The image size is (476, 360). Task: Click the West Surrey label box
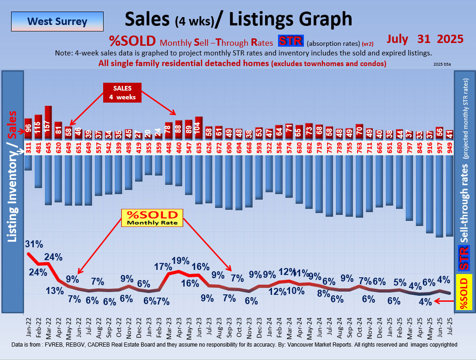[x=57, y=21]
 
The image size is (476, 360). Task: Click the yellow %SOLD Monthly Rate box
[x=152, y=218]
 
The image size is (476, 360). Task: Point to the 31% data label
[x=34, y=244]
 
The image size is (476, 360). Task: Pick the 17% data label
[x=163, y=267]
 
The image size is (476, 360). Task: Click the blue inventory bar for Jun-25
[x=439, y=196]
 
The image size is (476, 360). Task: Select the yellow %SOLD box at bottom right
[x=464, y=292]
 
